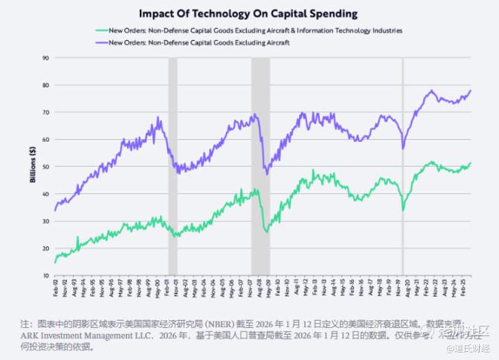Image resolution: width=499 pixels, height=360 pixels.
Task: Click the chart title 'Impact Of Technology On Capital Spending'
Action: [249, 13]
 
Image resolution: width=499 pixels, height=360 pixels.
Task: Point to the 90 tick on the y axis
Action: [46, 58]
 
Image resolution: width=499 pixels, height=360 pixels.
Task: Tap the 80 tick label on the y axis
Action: [46, 85]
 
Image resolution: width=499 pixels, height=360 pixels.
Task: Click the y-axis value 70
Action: [46, 112]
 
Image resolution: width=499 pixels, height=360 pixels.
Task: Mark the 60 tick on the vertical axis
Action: [46, 139]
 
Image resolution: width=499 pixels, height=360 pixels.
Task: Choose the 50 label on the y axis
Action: [46, 167]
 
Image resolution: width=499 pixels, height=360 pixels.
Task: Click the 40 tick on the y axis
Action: [46, 194]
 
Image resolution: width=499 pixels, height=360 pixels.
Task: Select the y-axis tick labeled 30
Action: [46, 221]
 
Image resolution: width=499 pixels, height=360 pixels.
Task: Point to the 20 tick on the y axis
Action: [46, 248]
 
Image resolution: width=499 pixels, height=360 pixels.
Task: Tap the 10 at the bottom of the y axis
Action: [46, 275]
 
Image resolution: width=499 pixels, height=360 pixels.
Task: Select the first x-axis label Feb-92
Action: [56, 288]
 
